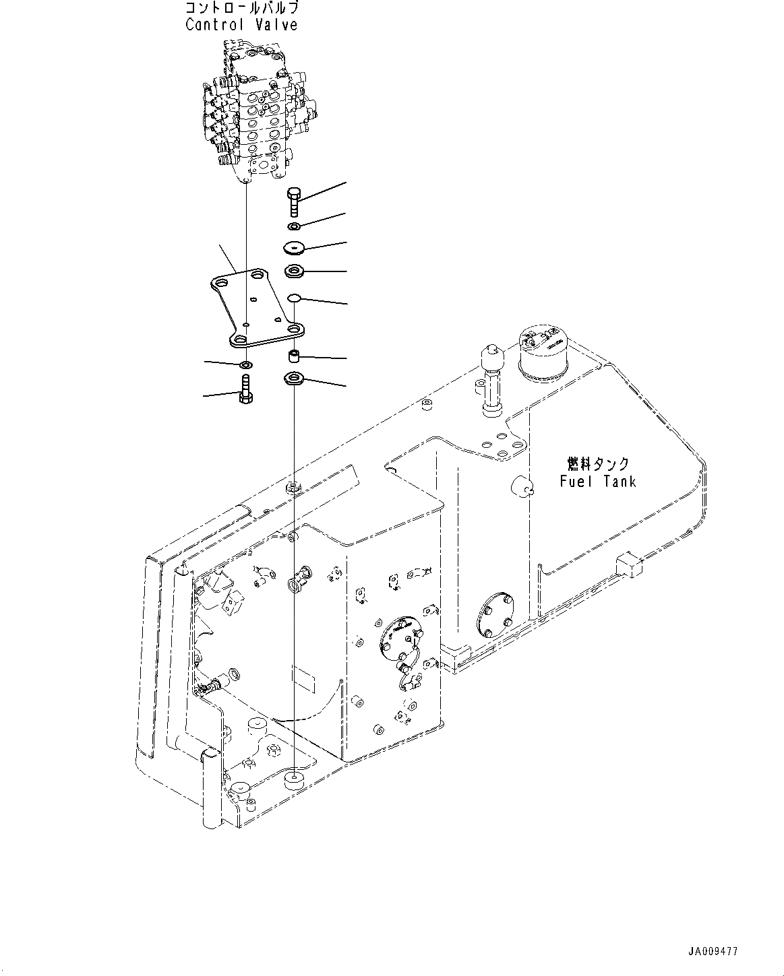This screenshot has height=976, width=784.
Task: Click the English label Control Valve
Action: tap(241, 25)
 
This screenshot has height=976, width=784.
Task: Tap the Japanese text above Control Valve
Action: tap(241, 9)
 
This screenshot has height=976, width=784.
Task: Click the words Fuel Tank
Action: tap(597, 481)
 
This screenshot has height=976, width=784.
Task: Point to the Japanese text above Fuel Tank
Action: tap(597, 464)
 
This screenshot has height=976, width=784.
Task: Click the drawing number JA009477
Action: tap(713, 952)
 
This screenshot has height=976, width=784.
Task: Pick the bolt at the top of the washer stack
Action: tap(295, 200)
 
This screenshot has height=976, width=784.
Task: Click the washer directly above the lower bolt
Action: tap(246, 365)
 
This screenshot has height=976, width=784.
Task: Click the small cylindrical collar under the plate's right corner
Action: tap(295, 355)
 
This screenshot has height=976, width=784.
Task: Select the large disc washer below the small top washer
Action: tap(295, 249)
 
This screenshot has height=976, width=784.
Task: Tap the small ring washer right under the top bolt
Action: tap(295, 226)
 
